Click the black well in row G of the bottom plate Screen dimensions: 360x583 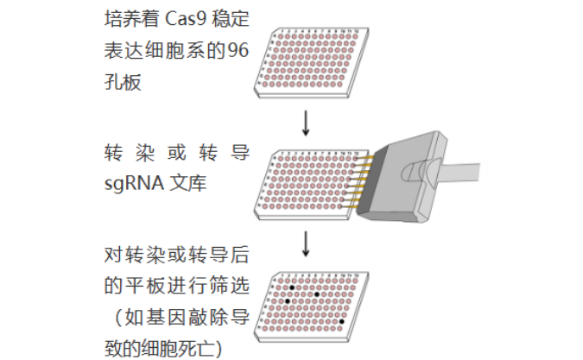342,321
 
